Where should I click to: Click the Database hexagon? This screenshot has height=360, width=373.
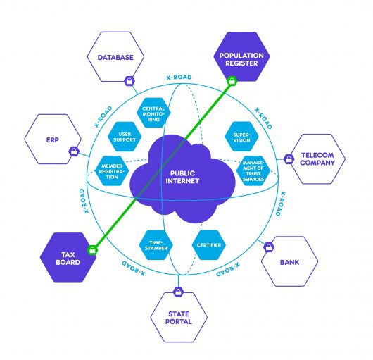115,56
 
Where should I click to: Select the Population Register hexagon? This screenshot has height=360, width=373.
241,56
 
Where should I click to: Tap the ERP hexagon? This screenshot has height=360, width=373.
53,139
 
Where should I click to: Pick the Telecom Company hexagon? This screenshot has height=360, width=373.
317,159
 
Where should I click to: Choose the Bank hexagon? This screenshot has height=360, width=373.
289,261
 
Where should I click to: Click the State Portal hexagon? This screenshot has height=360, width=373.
179,318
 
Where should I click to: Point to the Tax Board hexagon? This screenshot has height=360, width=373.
68,257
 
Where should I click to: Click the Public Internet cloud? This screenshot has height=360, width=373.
182,178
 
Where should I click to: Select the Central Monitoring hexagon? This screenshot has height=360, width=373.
153,113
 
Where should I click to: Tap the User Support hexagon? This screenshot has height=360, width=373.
125,137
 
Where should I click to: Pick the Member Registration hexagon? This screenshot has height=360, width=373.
112,171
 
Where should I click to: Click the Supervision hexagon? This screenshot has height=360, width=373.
241,137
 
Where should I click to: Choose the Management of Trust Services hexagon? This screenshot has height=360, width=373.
253,171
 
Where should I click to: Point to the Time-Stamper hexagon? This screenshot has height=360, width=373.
156,245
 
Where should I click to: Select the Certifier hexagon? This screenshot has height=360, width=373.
209,245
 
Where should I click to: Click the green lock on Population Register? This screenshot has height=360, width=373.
232,81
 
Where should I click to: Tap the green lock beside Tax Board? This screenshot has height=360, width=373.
92,250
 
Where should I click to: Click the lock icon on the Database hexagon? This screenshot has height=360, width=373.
129,81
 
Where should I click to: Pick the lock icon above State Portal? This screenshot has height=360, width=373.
178,292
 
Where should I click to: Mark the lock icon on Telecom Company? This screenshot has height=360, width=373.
289,159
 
